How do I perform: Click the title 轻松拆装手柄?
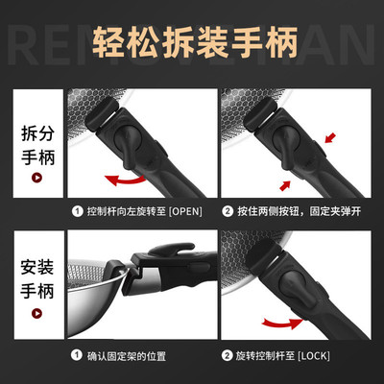pyautogui.click(x=192, y=43)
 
